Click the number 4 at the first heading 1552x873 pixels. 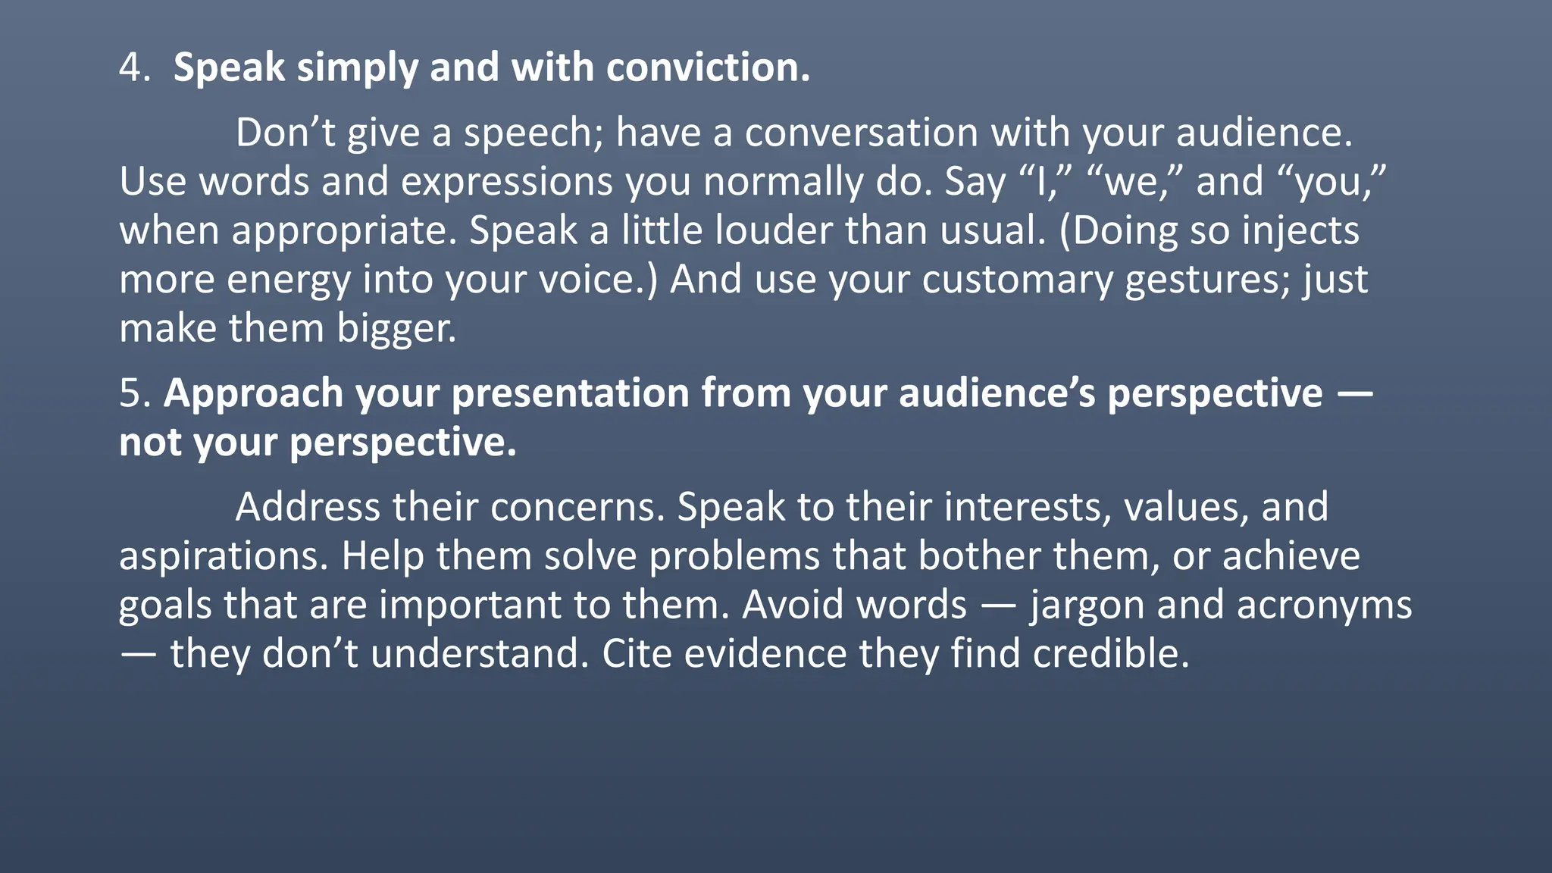130,68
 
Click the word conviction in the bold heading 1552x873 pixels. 708,68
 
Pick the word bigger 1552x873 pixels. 396,329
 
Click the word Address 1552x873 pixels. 308,507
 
